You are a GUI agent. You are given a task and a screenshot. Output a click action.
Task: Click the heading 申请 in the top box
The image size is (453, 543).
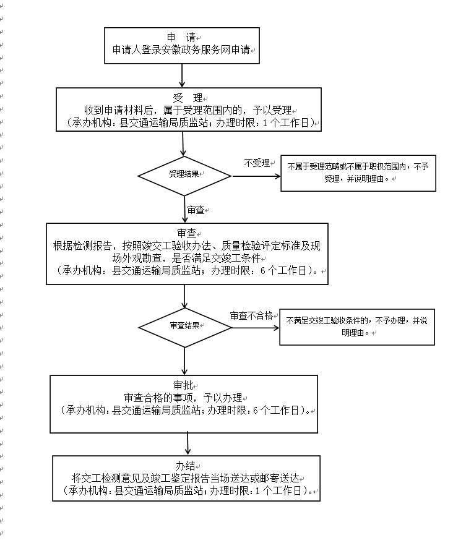181,37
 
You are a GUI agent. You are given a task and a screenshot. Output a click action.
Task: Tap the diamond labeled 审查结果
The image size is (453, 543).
184,325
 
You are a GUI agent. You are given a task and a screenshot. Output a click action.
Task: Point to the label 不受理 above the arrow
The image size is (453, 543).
257,163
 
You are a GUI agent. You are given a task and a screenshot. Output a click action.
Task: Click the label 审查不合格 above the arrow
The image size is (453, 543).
251,315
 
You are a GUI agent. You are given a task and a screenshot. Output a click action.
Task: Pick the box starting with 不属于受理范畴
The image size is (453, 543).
358,173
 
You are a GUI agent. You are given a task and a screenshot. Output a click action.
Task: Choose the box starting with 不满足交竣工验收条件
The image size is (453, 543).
356,326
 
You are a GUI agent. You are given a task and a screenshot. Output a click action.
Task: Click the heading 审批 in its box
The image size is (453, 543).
184,385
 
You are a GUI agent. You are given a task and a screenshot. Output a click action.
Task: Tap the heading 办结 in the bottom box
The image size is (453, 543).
186,466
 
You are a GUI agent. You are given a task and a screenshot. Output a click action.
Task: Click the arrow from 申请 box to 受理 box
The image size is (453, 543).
182,75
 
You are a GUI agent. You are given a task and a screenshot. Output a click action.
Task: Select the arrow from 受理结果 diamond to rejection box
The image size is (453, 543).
256,176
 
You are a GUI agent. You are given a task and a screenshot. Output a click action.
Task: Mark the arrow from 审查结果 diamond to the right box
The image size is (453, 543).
255,327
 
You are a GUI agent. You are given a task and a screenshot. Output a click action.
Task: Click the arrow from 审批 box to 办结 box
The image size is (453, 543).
187,444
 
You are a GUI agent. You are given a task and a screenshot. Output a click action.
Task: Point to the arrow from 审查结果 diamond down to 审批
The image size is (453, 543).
184,360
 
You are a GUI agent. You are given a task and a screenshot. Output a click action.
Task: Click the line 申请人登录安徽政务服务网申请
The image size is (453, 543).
182,49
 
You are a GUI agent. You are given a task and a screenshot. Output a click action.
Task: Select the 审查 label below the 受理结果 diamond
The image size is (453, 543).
196,210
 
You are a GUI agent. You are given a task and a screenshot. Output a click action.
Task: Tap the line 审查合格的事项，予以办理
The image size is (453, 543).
184,398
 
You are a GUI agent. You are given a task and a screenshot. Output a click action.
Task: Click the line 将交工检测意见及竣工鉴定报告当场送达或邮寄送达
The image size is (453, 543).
186,478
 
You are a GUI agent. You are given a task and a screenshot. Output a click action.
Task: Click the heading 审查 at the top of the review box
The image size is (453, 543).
186,233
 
